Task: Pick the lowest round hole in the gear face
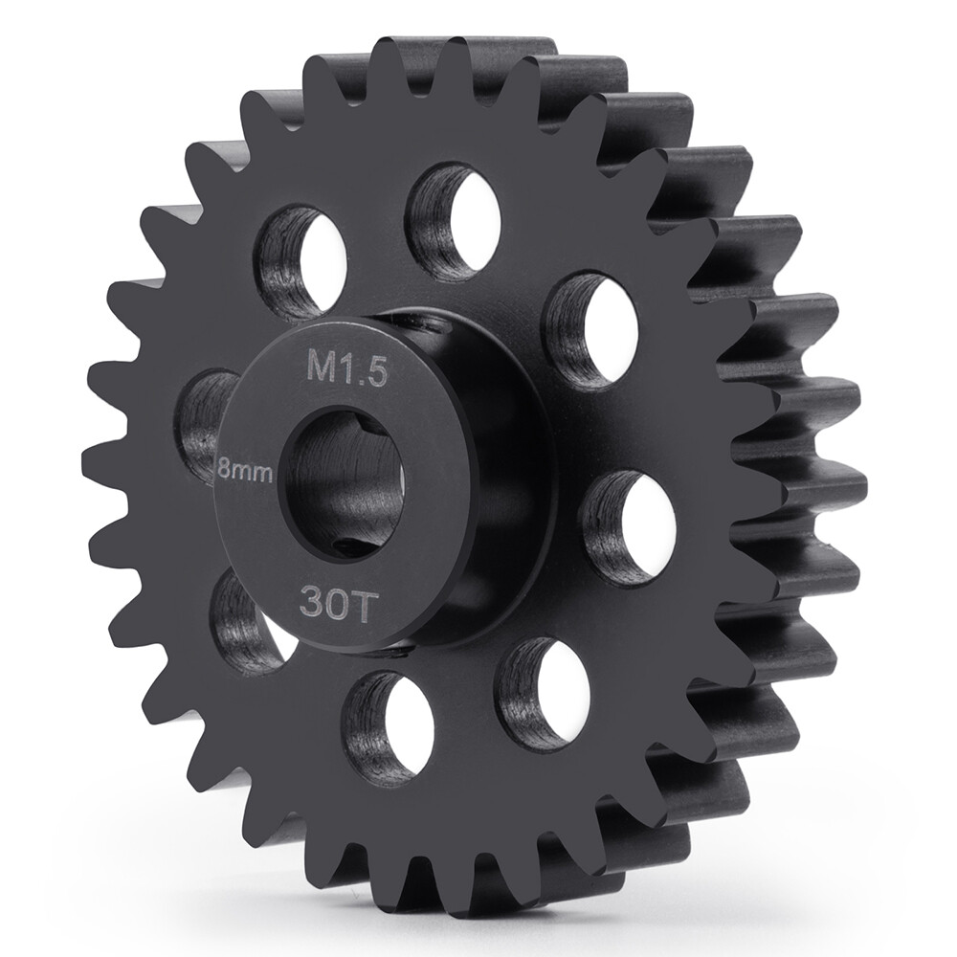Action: [x=393, y=727]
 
